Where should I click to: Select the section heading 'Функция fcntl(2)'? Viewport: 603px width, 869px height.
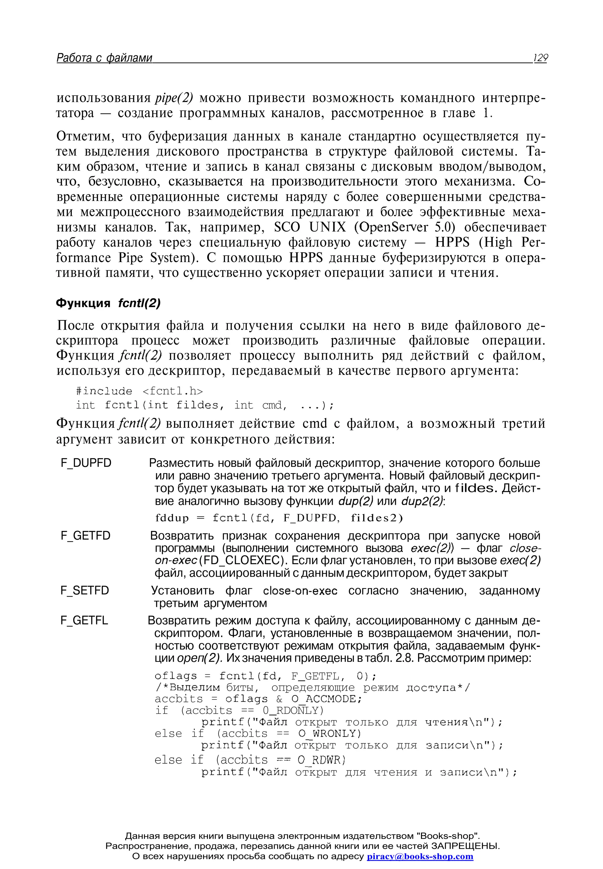(108, 303)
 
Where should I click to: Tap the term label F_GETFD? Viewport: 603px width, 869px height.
(86, 536)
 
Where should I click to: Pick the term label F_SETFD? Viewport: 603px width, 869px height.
(85, 590)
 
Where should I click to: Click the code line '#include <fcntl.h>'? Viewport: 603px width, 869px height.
(139, 391)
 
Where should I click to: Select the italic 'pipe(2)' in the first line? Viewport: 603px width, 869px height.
(174, 98)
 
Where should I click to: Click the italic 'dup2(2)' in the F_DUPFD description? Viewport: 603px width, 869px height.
(423, 501)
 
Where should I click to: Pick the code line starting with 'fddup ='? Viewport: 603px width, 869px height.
(279, 518)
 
